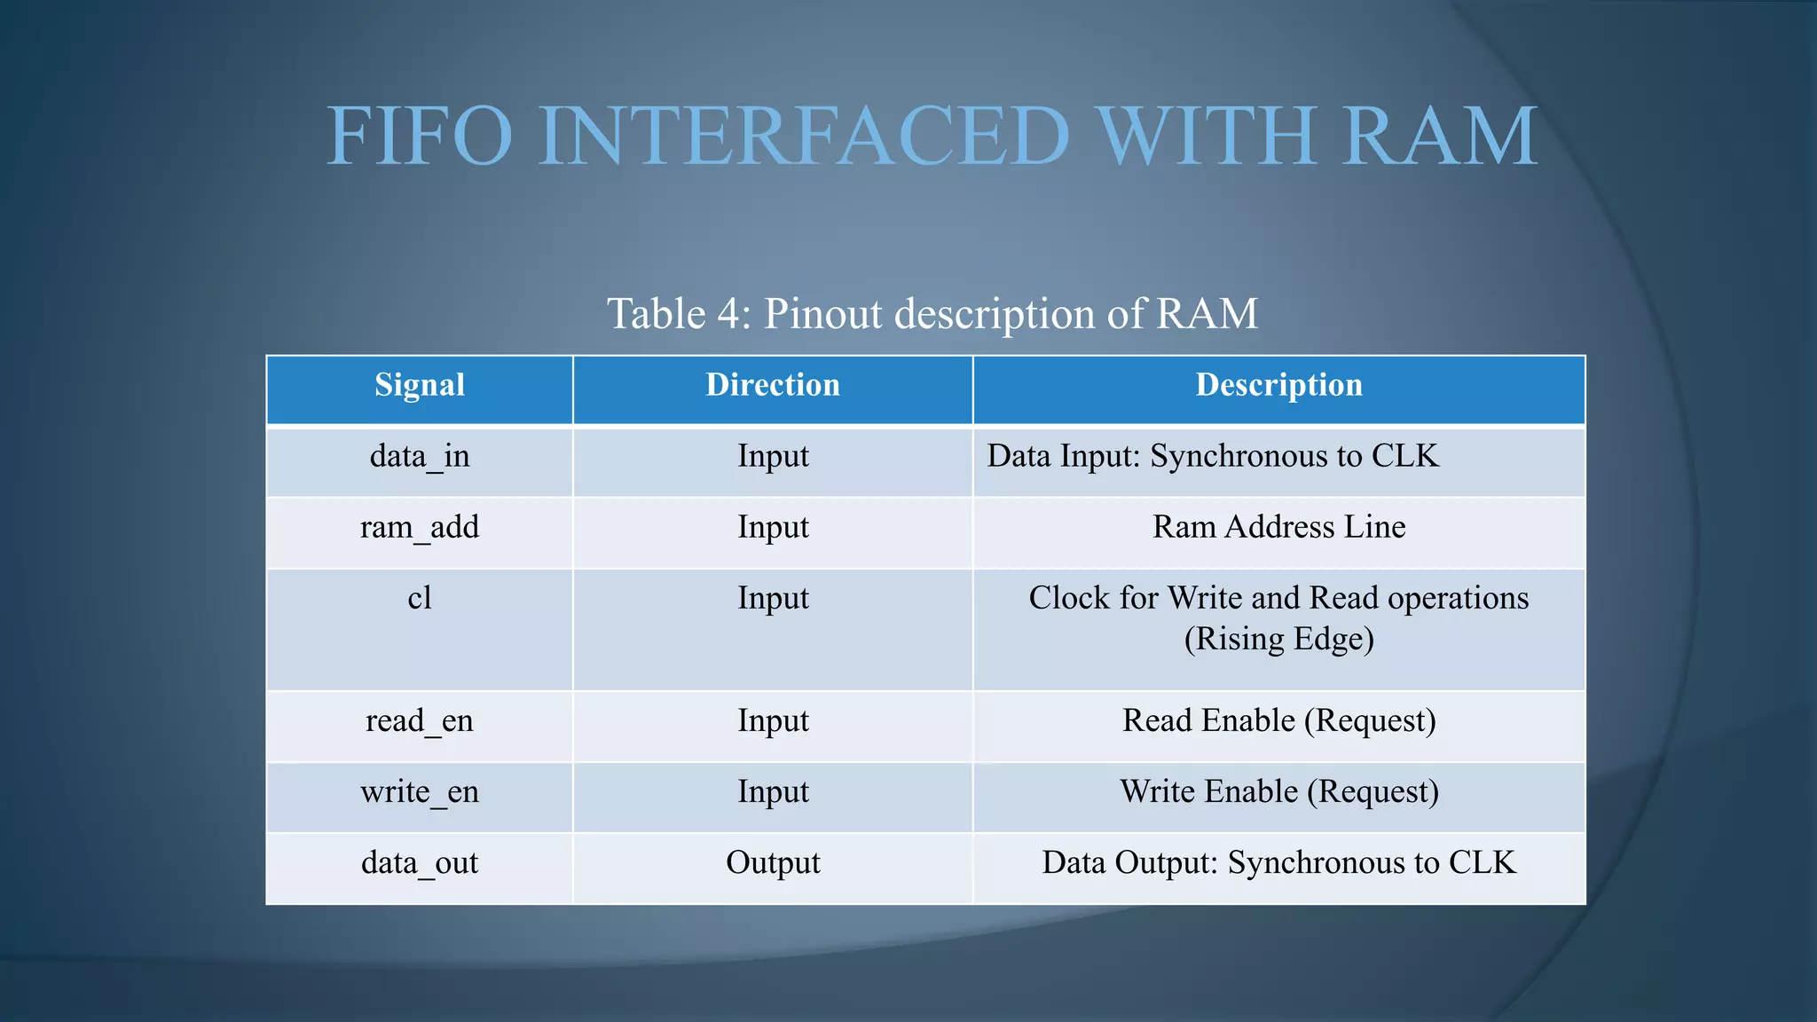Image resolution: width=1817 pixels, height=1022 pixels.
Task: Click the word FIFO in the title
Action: click(x=420, y=137)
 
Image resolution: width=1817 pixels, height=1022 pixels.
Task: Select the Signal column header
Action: click(x=420, y=385)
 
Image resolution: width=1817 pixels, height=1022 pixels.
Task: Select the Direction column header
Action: click(x=773, y=385)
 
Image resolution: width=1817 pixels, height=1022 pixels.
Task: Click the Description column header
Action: click(x=1278, y=385)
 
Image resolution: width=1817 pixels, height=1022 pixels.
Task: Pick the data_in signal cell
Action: click(x=420, y=457)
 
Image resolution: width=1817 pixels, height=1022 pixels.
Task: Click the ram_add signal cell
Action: click(x=420, y=528)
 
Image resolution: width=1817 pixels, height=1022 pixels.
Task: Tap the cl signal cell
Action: click(x=420, y=599)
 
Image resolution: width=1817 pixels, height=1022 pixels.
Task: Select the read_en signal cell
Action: click(x=420, y=721)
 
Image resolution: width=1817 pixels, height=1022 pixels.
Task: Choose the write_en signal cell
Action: click(x=420, y=792)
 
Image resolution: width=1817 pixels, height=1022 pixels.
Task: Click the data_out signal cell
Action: click(x=420, y=863)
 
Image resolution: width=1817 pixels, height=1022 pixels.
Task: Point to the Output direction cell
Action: click(x=773, y=863)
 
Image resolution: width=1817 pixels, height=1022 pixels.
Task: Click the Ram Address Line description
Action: click(x=1278, y=528)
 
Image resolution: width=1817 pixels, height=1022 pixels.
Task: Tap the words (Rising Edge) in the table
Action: click(x=1278, y=640)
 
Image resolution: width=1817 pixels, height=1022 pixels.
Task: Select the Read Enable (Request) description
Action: click(x=1278, y=721)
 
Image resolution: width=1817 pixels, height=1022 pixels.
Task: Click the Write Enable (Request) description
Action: click(x=1278, y=792)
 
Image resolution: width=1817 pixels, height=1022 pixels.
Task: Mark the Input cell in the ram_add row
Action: click(x=773, y=528)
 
